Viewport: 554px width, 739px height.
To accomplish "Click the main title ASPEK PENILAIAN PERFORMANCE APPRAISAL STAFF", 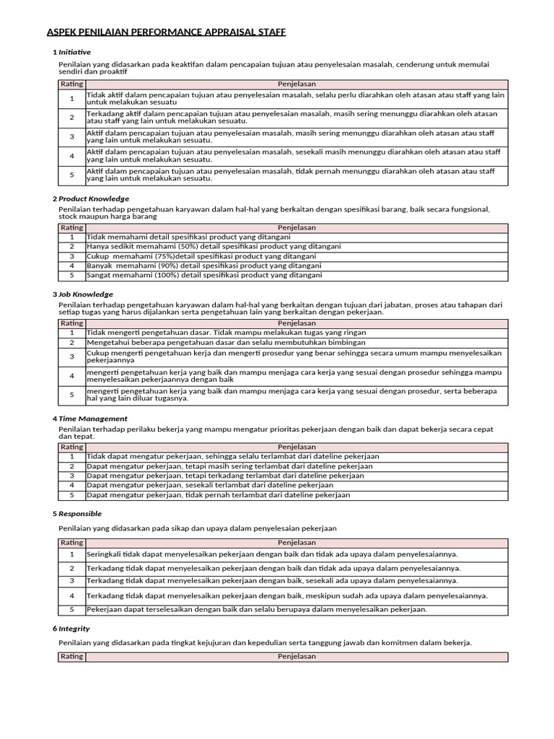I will (166, 32).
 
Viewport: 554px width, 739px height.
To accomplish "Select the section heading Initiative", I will (74, 52).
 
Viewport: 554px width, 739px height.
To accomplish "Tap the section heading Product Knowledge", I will (94, 198).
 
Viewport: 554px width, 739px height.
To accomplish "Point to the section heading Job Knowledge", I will (86, 294).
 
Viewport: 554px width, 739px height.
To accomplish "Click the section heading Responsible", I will (80, 514).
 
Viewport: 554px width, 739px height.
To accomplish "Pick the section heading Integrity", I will (74, 629).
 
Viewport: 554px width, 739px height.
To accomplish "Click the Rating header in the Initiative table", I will (71, 84).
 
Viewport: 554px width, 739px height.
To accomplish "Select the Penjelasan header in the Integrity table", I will (296, 657).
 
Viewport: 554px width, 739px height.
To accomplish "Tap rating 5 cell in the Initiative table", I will (71, 175).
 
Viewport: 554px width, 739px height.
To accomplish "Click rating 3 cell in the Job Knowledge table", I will (71, 357).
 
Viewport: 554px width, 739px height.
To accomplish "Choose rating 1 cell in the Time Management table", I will (71, 457).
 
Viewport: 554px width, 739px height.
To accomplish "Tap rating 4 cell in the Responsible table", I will (71, 596).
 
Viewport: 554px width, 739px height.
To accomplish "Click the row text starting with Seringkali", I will (272, 554).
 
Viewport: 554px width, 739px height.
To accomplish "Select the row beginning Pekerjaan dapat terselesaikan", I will (257, 609).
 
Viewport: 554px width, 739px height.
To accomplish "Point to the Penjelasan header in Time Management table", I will (296, 447).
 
